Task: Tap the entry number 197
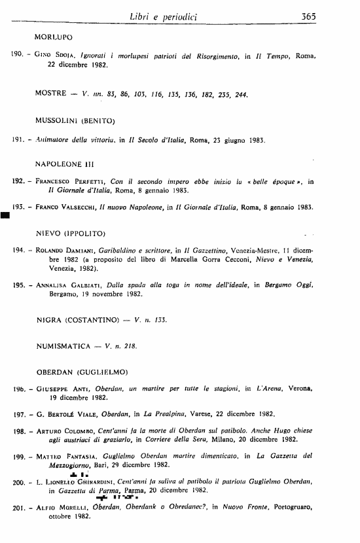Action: (x=20, y=415)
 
